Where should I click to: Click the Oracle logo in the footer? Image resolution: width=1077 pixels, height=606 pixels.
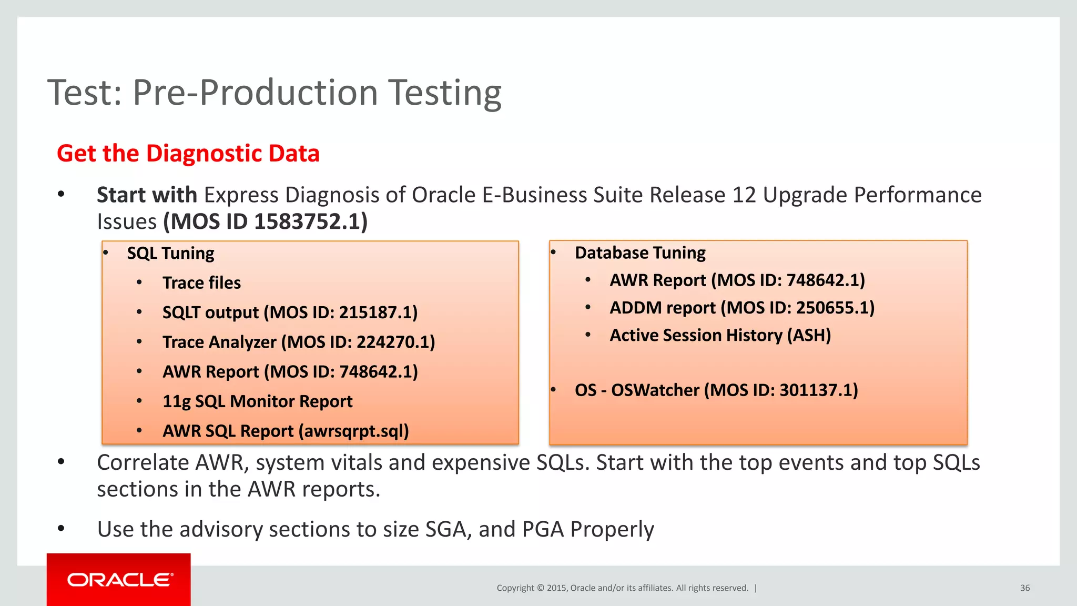click(119, 580)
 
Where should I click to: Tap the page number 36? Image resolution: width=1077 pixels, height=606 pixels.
click(1024, 588)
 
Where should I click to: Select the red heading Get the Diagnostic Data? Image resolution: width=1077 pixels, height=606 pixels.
click(188, 154)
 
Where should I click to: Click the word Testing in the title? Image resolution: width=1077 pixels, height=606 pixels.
click(444, 93)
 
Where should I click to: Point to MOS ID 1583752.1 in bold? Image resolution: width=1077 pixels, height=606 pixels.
click(266, 221)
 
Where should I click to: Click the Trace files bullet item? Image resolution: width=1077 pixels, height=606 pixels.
click(201, 283)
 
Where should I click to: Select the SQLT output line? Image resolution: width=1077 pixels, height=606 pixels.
click(290, 312)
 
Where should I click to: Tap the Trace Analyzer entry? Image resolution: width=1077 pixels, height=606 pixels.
click(298, 342)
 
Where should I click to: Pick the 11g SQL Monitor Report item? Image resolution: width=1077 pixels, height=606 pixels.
click(257, 401)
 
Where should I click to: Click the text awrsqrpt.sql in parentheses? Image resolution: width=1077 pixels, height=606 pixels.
click(353, 431)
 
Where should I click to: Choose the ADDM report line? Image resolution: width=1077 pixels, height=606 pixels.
click(741, 308)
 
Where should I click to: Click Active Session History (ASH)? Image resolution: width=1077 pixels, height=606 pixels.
click(720, 336)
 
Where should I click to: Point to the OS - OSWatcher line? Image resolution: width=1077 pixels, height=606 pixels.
click(716, 390)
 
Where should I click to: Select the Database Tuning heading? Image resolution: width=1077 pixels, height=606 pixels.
click(640, 253)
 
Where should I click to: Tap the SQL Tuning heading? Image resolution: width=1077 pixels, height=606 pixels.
click(170, 254)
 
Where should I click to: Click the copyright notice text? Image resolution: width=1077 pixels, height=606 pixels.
click(622, 588)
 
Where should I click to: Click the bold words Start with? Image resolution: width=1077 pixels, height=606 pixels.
click(147, 195)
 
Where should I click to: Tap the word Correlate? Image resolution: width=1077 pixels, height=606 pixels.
click(143, 463)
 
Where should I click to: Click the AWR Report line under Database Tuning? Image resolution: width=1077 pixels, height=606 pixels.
click(737, 280)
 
